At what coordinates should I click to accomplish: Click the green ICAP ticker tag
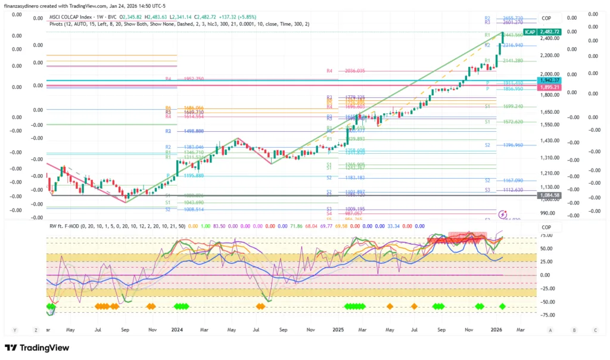coord(529,31)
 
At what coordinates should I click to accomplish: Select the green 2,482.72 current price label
coord(549,31)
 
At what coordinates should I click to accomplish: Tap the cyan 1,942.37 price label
coord(549,80)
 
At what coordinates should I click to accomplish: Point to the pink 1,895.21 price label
coord(549,88)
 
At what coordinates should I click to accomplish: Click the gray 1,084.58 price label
coord(549,195)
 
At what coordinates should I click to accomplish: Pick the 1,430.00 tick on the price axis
coord(549,140)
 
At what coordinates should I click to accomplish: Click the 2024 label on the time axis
coord(176,329)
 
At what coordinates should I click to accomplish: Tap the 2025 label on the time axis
coord(338,329)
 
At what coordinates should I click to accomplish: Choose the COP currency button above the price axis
coord(547,18)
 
